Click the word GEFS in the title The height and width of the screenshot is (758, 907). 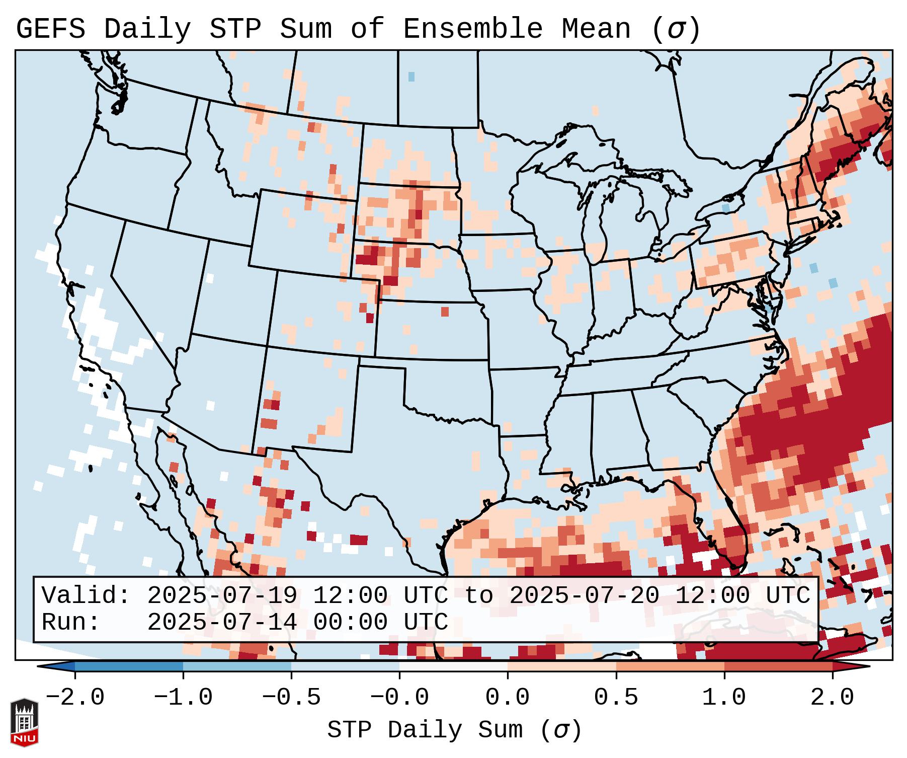tap(50, 29)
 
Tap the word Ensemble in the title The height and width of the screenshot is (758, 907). tap(472, 29)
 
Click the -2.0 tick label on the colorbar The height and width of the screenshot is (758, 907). tap(75, 698)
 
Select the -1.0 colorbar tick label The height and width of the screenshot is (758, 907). tap(183, 698)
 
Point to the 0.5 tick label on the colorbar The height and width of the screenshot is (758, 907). tap(616, 698)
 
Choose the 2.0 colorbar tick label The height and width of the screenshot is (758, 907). tap(833, 698)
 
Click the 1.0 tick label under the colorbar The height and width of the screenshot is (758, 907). tap(724, 698)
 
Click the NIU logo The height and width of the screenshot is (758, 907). tap(24, 722)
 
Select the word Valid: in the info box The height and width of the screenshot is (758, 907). tap(86, 595)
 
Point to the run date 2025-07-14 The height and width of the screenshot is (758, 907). tap(222, 622)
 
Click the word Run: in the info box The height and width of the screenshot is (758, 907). tap(71, 622)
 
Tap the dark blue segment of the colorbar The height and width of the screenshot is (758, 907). tap(129, 666)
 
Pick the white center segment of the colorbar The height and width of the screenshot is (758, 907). tap(453, 666)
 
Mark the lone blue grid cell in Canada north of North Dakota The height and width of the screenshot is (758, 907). tap(411, 77)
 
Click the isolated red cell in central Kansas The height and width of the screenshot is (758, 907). tap(445, 312)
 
